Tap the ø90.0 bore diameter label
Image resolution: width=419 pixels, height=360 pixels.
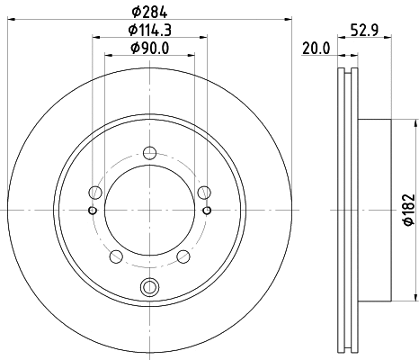(149, 49)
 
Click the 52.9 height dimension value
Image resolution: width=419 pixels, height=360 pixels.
(364, 31)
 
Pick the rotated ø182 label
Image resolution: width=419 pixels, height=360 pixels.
(408, 209)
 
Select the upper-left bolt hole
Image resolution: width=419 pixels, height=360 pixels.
(95, 191)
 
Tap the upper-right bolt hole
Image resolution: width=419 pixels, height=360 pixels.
(204, 191)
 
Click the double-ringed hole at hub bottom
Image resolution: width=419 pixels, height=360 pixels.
(149, 287)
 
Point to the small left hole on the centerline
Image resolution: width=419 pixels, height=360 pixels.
(92, 211)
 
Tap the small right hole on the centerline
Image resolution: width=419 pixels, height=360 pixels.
(208, 211)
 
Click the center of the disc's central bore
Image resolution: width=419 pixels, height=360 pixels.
(149, 211)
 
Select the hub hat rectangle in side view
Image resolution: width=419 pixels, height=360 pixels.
(375, 210)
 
